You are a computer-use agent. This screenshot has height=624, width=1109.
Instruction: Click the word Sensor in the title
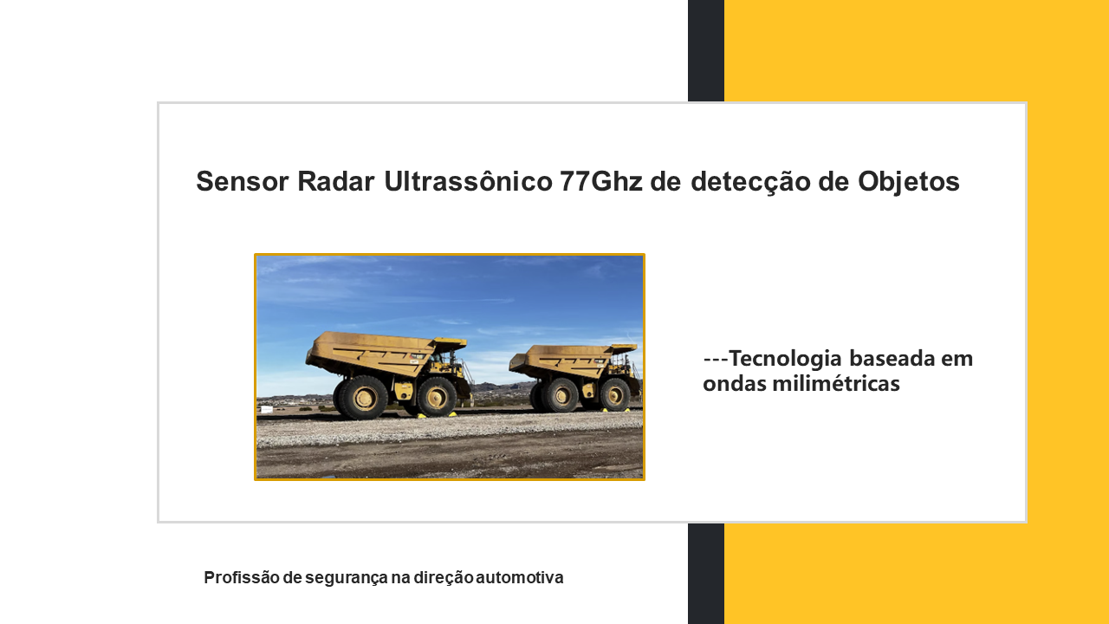pos(243,181)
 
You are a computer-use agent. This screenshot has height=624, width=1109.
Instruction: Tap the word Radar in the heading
pos(335,181)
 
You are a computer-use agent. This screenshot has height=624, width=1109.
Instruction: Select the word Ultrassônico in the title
pos(468,181)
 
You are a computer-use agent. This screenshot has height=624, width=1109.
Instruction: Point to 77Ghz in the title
pos(601,181)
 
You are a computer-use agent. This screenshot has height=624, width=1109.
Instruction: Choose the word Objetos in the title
pos(909,182)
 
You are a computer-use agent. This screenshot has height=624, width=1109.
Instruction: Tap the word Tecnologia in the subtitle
pos(785,359)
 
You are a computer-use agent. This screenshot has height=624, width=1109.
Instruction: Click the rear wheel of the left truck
pos(362,398)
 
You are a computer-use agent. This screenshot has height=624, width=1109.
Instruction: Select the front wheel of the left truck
pos(436,396)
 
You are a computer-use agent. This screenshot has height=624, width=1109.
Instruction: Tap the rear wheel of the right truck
pos(561,394)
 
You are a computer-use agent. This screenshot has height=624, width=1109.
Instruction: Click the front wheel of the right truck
pos(614,394)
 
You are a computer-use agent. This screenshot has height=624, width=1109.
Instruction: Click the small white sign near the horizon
pos(266,410)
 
